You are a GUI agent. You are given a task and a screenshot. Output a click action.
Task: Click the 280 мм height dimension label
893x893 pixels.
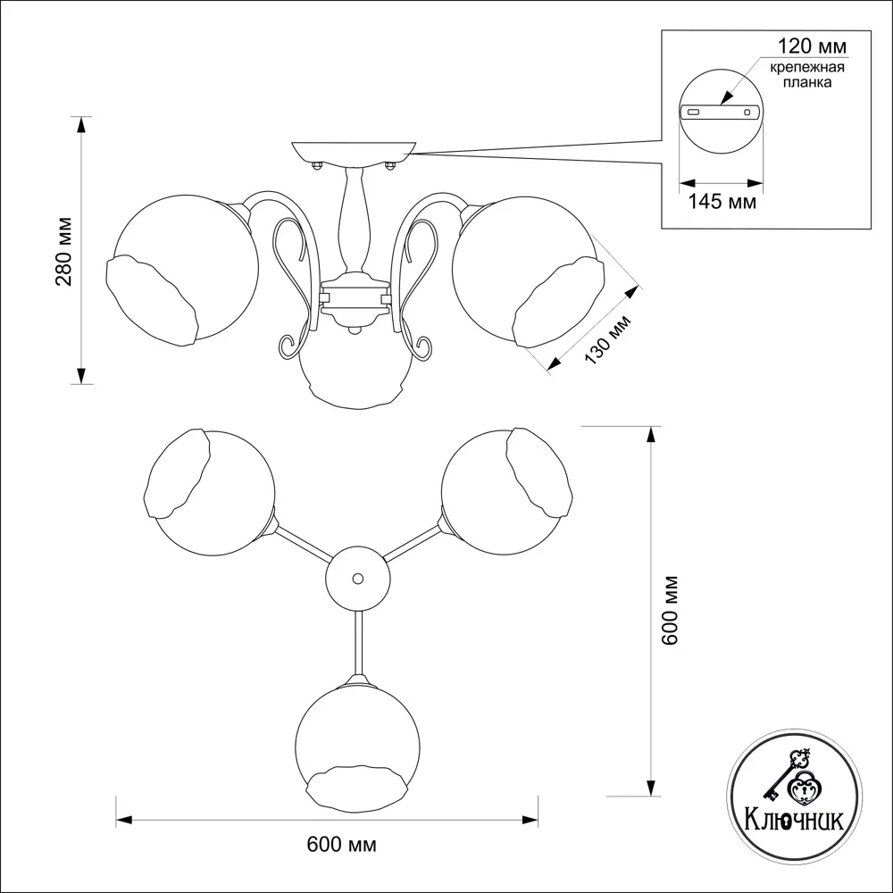pos(63,252)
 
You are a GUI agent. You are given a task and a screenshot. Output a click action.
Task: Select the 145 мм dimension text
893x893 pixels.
pos(722,203)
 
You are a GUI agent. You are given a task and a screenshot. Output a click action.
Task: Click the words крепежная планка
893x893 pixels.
pos(802,75)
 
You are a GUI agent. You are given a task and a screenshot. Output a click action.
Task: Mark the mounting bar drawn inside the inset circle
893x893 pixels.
pos(720,113)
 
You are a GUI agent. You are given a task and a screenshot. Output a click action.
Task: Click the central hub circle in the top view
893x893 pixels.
pos(358,579)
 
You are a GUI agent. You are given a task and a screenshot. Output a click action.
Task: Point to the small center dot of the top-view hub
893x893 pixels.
pos(358,579)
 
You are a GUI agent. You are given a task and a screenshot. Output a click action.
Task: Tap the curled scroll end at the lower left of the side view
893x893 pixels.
pos(288,344)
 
